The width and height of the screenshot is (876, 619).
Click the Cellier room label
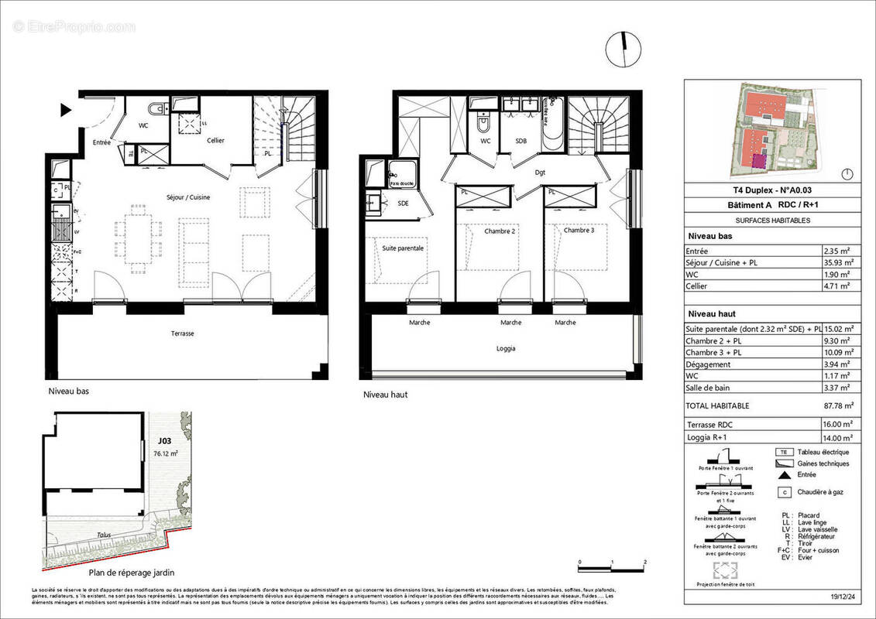(x=215, y=140)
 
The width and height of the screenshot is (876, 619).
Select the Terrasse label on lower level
(x=183, y=333)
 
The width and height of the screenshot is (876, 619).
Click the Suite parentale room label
(x=403, y=248)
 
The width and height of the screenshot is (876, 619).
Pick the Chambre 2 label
(x=500, y=231)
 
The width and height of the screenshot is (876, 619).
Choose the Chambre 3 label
(x=579, y=230)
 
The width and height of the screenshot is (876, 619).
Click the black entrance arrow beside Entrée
(x=67, y=111)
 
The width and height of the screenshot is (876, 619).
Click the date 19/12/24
(x=843, y=597)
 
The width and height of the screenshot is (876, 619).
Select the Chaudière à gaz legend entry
(x=822, y=491)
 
